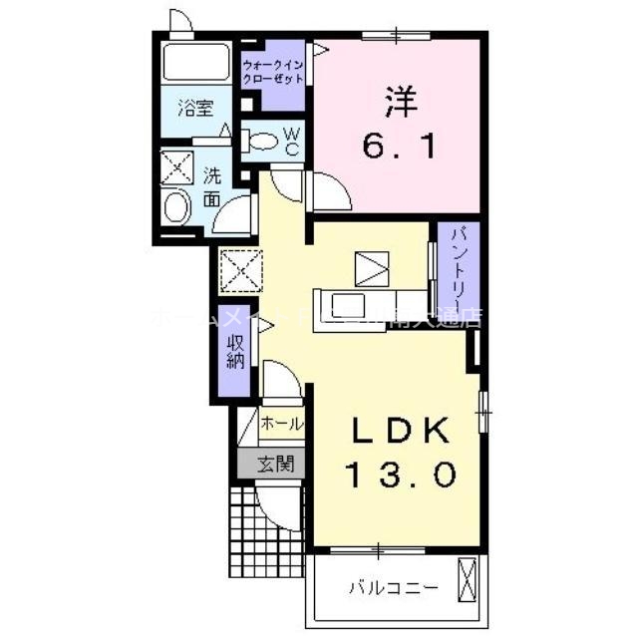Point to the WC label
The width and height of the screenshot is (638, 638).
(x=293, y=141)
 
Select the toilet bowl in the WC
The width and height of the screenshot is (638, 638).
(x=262, y=142)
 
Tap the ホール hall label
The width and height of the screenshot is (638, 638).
(x=281, y=424)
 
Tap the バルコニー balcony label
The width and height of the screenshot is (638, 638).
(x=392, y=587)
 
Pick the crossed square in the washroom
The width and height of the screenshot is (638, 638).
(x=177, y=165)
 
